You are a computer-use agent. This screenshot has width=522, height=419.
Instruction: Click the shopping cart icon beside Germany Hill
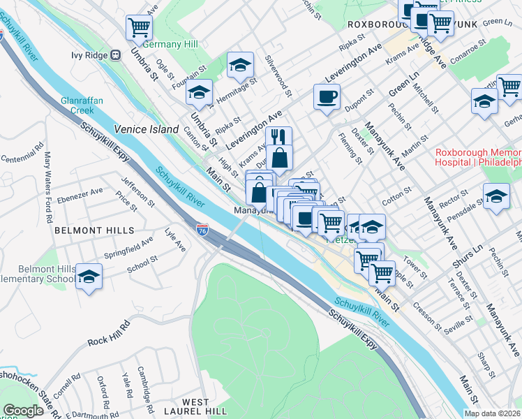point(139,28)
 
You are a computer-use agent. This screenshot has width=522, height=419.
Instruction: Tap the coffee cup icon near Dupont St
point(326,96)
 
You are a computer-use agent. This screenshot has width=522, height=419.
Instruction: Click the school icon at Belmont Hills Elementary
point(89,277)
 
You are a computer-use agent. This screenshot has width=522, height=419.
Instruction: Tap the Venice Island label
point(147,129)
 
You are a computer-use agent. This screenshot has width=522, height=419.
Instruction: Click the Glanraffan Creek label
point(82,105)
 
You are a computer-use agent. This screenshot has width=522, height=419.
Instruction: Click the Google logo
point(23,411)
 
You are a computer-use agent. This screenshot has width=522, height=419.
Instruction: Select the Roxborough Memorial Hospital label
point(477,157)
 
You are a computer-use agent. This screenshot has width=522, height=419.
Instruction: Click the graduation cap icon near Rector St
point(496,196)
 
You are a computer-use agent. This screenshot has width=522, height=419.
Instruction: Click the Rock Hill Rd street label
point(109,334)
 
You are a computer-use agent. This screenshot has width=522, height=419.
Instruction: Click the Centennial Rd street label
point(23,153)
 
